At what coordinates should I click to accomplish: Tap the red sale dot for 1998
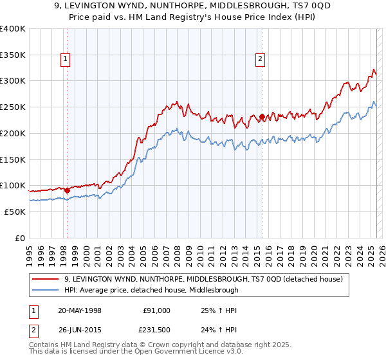point(67,190)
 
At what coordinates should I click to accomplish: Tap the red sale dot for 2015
point(262,116)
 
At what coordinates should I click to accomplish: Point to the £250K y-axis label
point(13,107)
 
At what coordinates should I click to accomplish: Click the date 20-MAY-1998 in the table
point(79,310)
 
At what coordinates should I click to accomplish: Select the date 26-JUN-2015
point(79,330)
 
